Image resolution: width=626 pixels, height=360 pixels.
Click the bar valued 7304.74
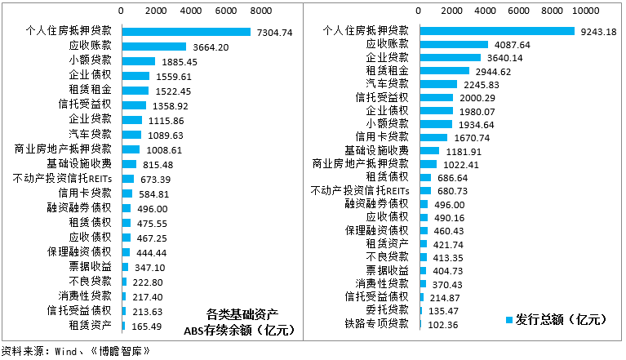186,32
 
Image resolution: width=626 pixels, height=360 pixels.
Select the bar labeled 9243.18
497,31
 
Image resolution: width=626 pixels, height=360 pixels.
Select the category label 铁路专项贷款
376,324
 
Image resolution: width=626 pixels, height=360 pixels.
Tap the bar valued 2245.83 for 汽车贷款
438,84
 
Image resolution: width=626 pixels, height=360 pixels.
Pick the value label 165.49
147,326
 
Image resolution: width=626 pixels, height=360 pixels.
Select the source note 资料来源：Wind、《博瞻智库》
77,351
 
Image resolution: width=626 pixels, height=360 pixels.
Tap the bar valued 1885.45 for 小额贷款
138,61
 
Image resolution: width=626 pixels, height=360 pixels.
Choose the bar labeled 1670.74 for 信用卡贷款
433,137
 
